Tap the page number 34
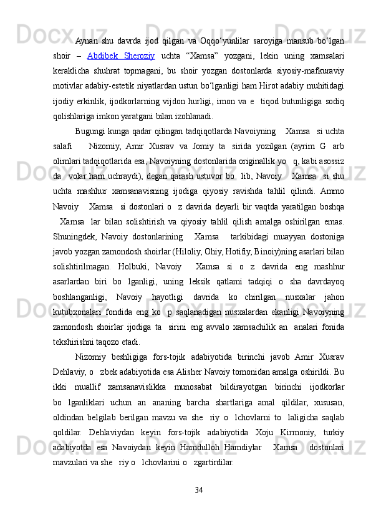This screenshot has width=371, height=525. pyautogui.click(x=199, y=487)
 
